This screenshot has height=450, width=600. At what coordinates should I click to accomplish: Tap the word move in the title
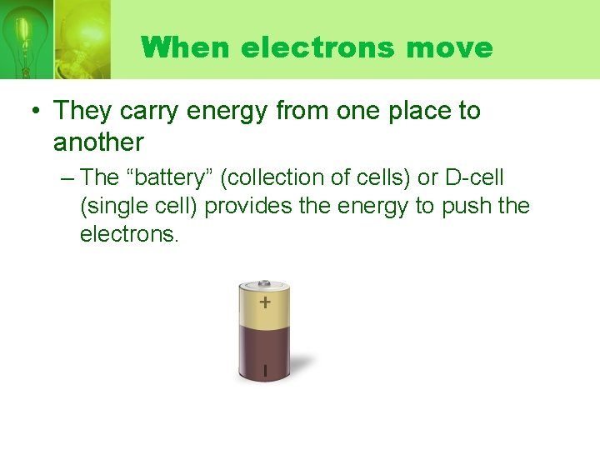click(450, 47)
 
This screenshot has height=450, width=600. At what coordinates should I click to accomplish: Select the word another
click(98, 142)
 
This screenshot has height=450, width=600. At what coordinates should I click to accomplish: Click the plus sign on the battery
click(264, 302)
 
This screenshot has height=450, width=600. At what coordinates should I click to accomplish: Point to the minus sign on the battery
click(265, 369)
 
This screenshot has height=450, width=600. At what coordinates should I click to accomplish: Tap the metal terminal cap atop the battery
click(264, 283)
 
